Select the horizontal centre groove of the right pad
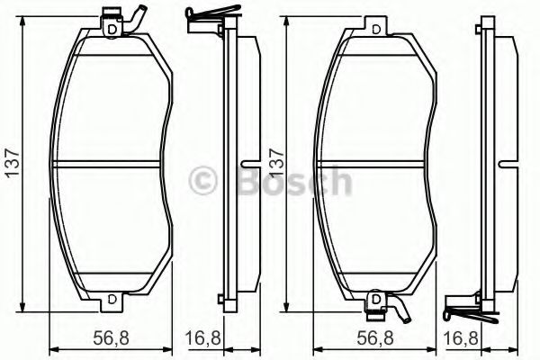(x=373, y=163)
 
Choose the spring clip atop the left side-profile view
(x=205, y=14)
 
